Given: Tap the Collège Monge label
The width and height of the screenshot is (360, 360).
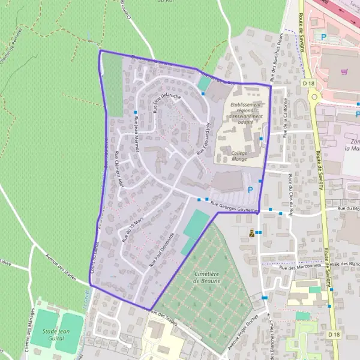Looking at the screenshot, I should pyautogui.click(x=239, y=156).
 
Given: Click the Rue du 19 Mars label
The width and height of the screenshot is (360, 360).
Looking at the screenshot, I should pyautogui.click(x=133, y=230).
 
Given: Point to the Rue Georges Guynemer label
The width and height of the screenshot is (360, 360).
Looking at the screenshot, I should pyautogui.click(x=238, y=207).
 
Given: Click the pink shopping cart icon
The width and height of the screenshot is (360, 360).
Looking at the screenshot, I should pyautogui.click(x=344, y=71).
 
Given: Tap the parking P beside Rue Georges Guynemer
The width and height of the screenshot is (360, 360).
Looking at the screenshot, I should pyautogui.click(x=250, y=190).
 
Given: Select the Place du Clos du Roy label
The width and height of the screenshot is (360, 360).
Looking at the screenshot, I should pyautogui.click(x=290, y=190).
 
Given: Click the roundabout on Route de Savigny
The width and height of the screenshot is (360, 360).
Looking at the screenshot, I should pyautogui.click(x=313, y=95).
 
